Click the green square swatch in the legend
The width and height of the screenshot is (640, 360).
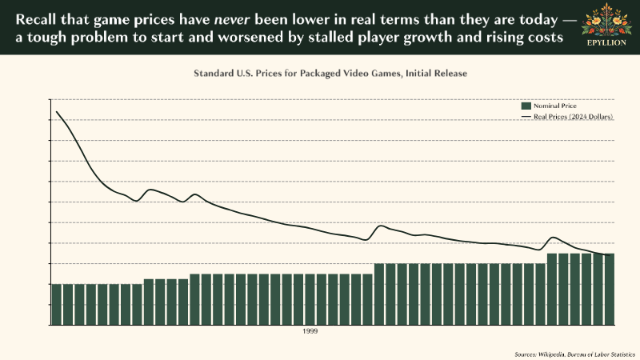point(526,106)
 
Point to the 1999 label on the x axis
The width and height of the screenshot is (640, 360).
point(310,330)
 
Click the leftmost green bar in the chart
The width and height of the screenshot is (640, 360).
point(56,303)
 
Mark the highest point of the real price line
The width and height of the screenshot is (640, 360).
point(56,111)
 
